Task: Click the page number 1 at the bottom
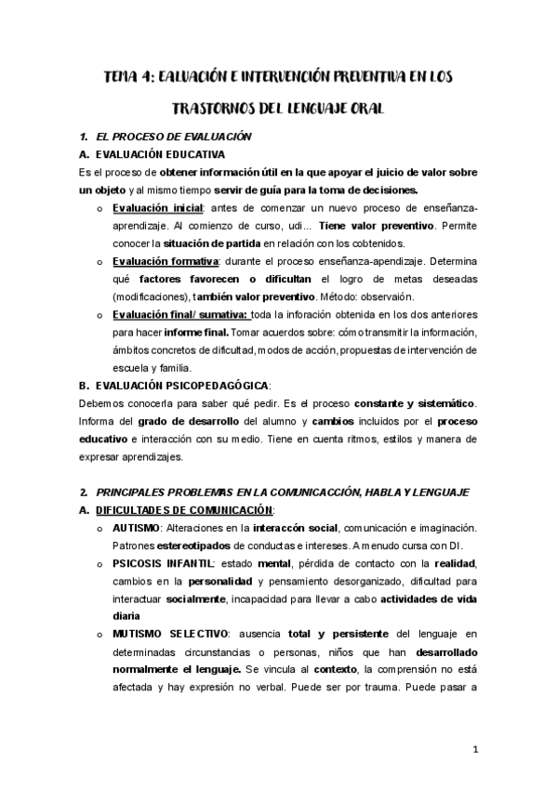474,749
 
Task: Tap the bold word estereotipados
192,545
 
